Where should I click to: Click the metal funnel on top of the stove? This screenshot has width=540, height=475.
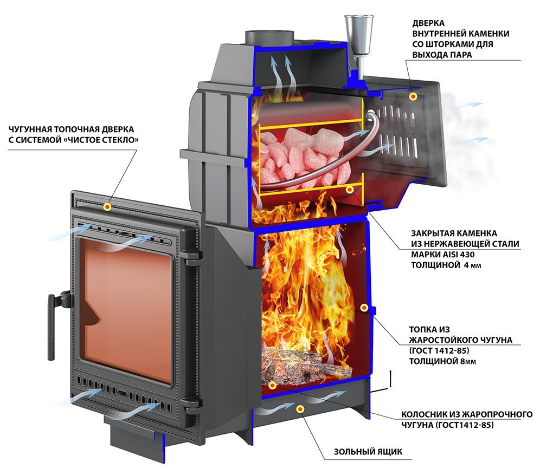click(359, 41)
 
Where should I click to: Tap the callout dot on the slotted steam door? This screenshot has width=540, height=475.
click(413, 96)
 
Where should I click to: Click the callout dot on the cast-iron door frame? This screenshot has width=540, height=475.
click(107, 207)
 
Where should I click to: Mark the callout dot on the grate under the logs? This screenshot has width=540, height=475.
click(272, 385)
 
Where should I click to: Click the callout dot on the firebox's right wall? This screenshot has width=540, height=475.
click(364, 307)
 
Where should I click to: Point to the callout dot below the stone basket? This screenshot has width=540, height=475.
click(350, 189)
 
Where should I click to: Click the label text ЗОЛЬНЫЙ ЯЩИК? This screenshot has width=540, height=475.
click(368, 452)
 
